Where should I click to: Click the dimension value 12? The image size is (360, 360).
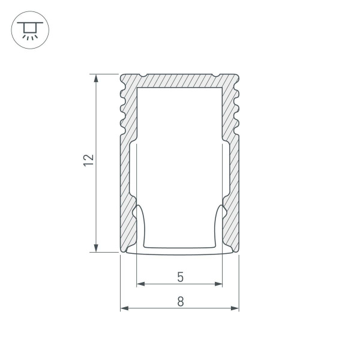[89, 159]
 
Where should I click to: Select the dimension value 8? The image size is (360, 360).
[180, 302]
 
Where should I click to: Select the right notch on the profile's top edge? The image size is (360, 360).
[215, 76]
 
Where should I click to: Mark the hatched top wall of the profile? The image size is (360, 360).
[180, 81]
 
